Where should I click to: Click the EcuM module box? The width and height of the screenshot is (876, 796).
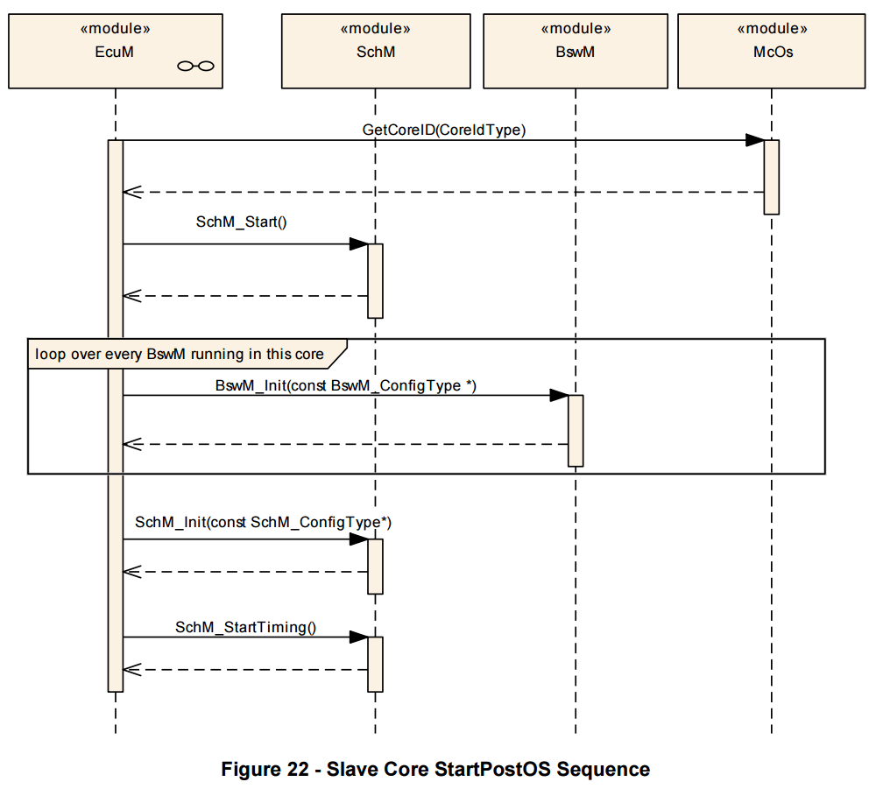(116, 52)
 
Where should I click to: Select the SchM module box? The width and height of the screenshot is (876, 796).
(376, 52)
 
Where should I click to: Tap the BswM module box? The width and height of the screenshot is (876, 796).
(576, 52)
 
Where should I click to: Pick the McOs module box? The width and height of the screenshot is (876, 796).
(772, 52)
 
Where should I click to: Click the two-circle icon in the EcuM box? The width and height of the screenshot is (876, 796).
(195, 67)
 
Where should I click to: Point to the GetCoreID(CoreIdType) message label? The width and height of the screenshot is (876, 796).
(444, 130)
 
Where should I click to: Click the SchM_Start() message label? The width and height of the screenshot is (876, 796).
(242, 222)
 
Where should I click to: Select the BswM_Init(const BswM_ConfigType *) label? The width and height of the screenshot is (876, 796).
(346, 386)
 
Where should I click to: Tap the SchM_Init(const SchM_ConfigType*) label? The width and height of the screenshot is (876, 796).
(263, 522)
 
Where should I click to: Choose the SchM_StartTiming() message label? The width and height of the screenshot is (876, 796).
(246, 627)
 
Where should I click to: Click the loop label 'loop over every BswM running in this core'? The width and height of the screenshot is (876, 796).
(180, 354)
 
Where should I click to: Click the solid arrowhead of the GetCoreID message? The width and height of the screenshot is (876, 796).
(755, 140)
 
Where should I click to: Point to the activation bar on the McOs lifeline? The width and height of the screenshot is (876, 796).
(772, 177)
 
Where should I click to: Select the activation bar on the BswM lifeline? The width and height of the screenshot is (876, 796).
(576, 431)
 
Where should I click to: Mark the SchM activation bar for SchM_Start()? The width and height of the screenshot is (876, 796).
(376, 281)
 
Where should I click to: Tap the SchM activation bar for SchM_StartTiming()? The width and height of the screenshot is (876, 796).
(376, 664)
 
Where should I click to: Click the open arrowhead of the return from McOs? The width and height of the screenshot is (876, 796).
(132, 192)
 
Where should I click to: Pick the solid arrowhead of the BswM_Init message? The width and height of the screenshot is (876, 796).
(559, 396)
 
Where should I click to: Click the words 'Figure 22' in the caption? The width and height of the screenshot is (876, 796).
(265, 769)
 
